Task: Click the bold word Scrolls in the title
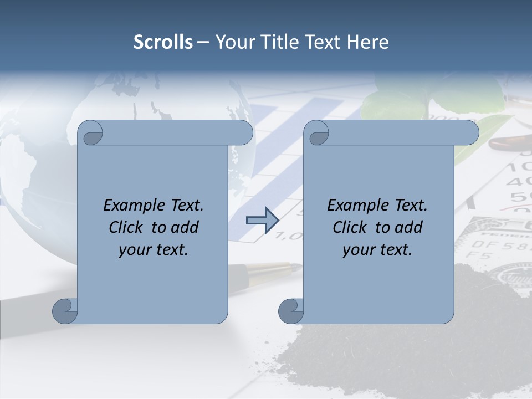pyautogui.click(x=163, y=42)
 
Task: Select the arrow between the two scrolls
pyautogui.click(x=262, y=221)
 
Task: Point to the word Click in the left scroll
pyautogui.click(x=128, y=227)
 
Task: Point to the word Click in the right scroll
pyautogui.click(x=352, y=227)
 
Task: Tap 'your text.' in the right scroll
pyautogui.click(x=377, y=249)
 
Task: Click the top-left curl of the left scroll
pyautogui.click(x=90, y=132)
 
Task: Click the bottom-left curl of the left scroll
pyautogui.click(x=65, y=311)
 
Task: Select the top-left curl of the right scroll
pyautogui.click(x=316, y=132)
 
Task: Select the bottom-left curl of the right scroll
pyautogui.click(x=291, y=311)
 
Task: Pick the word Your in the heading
pyautogui.click(x=234, y=42)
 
